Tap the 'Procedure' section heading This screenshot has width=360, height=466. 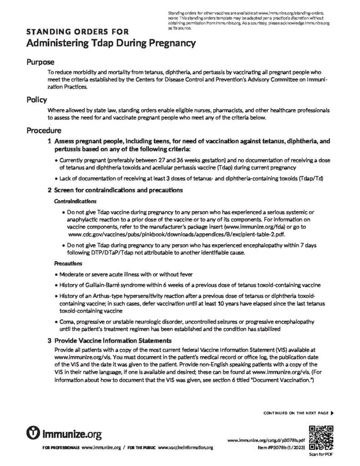pyautogui.click(x=44, y=130)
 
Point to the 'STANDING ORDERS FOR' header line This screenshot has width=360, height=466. pyautogui.click(x=77, y=32)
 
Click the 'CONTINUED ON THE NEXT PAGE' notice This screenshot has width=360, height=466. pyautogui.click(x=296, y=413)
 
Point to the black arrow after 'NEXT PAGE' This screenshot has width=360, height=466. pyautogui.click(x=332, y=413)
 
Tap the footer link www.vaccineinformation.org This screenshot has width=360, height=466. pyautogui.click(x=185, y=448)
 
